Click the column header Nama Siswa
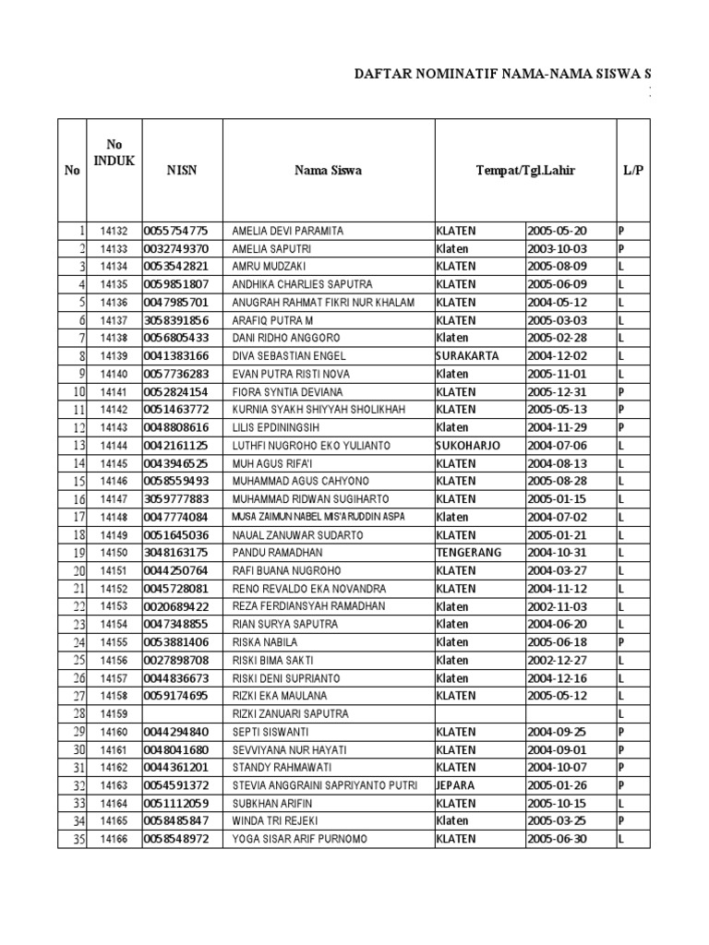(328, 170)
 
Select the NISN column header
(182, 170)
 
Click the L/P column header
(632, 170)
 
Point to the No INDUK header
(114, 152)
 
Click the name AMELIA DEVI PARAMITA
(287, 231)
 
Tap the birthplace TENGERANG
(468, 553)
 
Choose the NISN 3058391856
(175, 320)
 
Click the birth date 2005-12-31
(557, 392)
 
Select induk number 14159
(114, 713)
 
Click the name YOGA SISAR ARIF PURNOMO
(299, 839)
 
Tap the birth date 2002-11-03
(557, 606)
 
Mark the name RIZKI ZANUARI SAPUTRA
(291, 713)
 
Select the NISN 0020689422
(175, 606)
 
